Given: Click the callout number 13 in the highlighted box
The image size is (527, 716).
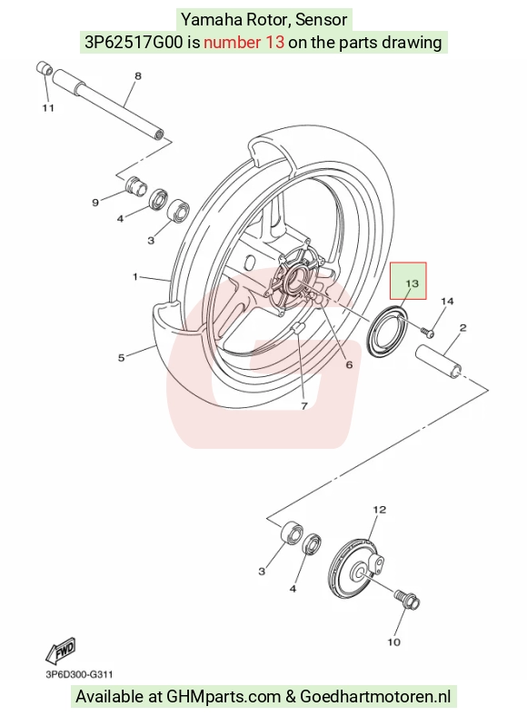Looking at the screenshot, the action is (412, 283).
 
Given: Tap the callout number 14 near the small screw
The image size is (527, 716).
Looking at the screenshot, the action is (447, 301).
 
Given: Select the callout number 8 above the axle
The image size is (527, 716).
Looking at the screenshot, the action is (138, 75).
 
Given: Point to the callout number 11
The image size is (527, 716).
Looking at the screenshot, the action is (48, 108).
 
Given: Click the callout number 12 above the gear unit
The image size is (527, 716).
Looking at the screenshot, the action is (380, 510).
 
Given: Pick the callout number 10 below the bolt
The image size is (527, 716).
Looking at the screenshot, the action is (393, 642).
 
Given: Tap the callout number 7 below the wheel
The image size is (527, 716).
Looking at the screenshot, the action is (304, 405).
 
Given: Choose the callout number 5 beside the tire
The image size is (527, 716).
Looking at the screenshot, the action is (121, 357).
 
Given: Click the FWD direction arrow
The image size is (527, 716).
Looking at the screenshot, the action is (60, 651).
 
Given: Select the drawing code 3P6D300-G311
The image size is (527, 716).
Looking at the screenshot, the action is (79, 674).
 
